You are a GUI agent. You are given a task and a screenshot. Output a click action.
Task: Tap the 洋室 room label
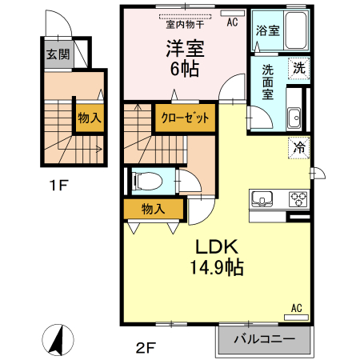pyautogui.click(x=185, y=47)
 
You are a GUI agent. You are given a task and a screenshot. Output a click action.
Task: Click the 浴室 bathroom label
pyautogui.click(x=266, y=31)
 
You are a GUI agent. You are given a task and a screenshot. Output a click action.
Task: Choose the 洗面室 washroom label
pyautogui.click(x=266, y=80)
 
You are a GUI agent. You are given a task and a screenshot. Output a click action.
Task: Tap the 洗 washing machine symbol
pyautogui.click(x=298, y=69)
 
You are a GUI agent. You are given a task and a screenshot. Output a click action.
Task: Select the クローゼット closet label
pyautogui.click(x=186, y=118)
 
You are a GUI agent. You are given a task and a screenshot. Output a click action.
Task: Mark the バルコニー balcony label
pyautogui.click(x=264, y=338)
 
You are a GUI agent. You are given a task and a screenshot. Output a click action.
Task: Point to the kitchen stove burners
pyautogui.click(x=298, y=199)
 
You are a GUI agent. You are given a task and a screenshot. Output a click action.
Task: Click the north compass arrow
pyautogui.click(x=57, y=340)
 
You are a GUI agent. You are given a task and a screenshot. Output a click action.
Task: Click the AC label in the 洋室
pyautogui.click(x=233, y=22)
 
